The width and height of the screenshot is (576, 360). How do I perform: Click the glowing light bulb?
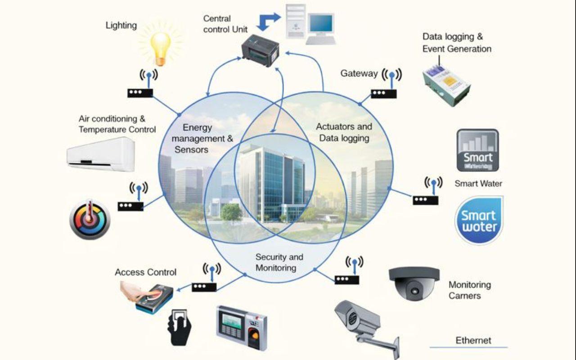coord(161,47)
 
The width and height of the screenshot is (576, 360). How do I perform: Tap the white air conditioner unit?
coord(101,154)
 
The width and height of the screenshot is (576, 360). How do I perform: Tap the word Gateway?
coord(359,73)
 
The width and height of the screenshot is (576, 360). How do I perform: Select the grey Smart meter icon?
coord(477,150)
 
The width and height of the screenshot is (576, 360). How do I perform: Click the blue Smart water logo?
coord(479,220)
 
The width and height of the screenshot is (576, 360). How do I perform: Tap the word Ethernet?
coord(473,340)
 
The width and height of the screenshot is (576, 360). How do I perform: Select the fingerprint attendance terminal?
coord(241,327)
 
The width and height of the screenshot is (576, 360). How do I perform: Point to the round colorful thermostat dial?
coord(90,220)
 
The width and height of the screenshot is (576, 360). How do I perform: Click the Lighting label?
coord(121,25)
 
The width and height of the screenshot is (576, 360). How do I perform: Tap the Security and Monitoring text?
coord(279,262)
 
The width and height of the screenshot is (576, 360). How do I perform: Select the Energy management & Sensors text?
coord(202,139)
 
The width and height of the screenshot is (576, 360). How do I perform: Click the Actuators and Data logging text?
coord(344,132)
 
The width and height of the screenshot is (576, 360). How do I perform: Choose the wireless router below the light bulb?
coord(140,93)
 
